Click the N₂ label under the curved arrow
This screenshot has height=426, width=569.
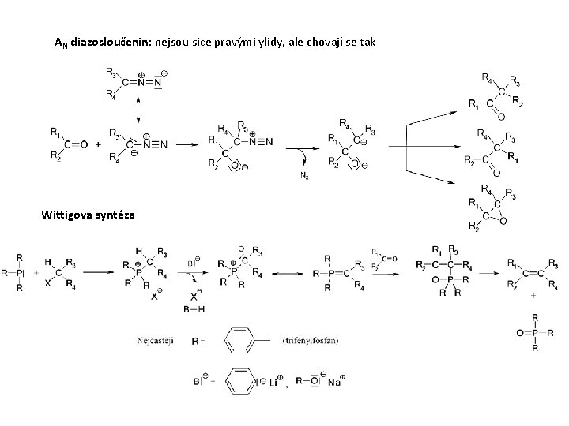coord(304,177)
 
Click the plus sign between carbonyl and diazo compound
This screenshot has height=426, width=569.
coord(98,144)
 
